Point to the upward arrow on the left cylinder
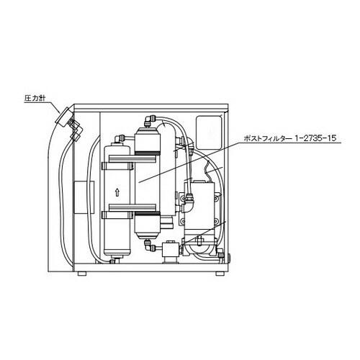click(x=117, y=192)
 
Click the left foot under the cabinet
click(x=83, y=274)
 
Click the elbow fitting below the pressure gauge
click(x=74, y=134)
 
